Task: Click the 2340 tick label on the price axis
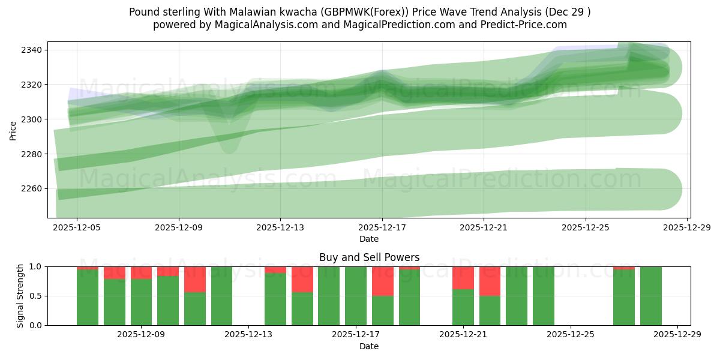click(x=31, y=50)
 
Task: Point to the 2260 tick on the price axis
click(x=31, y=189)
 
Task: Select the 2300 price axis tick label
click(x=31, y=119)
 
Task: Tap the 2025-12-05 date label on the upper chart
click(x=77, y=228)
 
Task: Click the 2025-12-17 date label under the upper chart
click(x=382, y=228)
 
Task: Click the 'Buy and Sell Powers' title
click(x=369, y=257)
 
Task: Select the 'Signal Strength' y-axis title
click(x=20, y=295)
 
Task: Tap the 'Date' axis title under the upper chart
click(x=369, y=239)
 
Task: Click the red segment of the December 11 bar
click(x=195, y=279)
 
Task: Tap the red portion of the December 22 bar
click(x=490, y=281)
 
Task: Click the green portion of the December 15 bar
click(x=302, y=309)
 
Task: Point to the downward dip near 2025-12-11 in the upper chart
click(x=229, y=141)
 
